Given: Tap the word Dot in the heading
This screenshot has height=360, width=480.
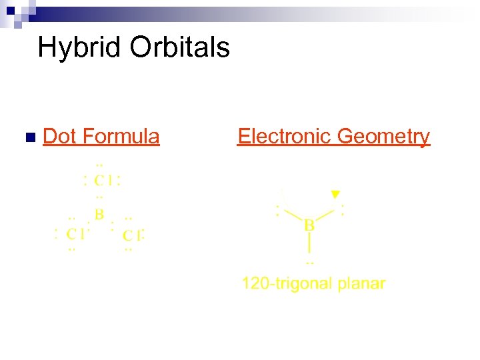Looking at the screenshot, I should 59,137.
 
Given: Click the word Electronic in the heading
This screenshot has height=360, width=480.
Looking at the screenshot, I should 285,137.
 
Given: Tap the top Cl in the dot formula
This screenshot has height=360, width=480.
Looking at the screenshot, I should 101,180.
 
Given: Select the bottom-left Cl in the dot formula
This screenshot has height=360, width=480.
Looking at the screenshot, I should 75,233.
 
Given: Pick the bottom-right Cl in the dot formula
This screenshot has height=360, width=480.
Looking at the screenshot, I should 133,235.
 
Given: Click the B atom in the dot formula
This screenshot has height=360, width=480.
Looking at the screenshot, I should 99,215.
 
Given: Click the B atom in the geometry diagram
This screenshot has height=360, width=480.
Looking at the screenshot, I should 310,225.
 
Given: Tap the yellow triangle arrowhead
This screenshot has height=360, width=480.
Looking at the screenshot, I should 335,194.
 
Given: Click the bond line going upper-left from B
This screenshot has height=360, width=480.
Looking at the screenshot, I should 293,214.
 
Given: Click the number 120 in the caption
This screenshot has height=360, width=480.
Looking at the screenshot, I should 253,283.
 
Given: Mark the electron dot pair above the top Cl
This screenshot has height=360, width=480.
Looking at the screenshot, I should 100,164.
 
